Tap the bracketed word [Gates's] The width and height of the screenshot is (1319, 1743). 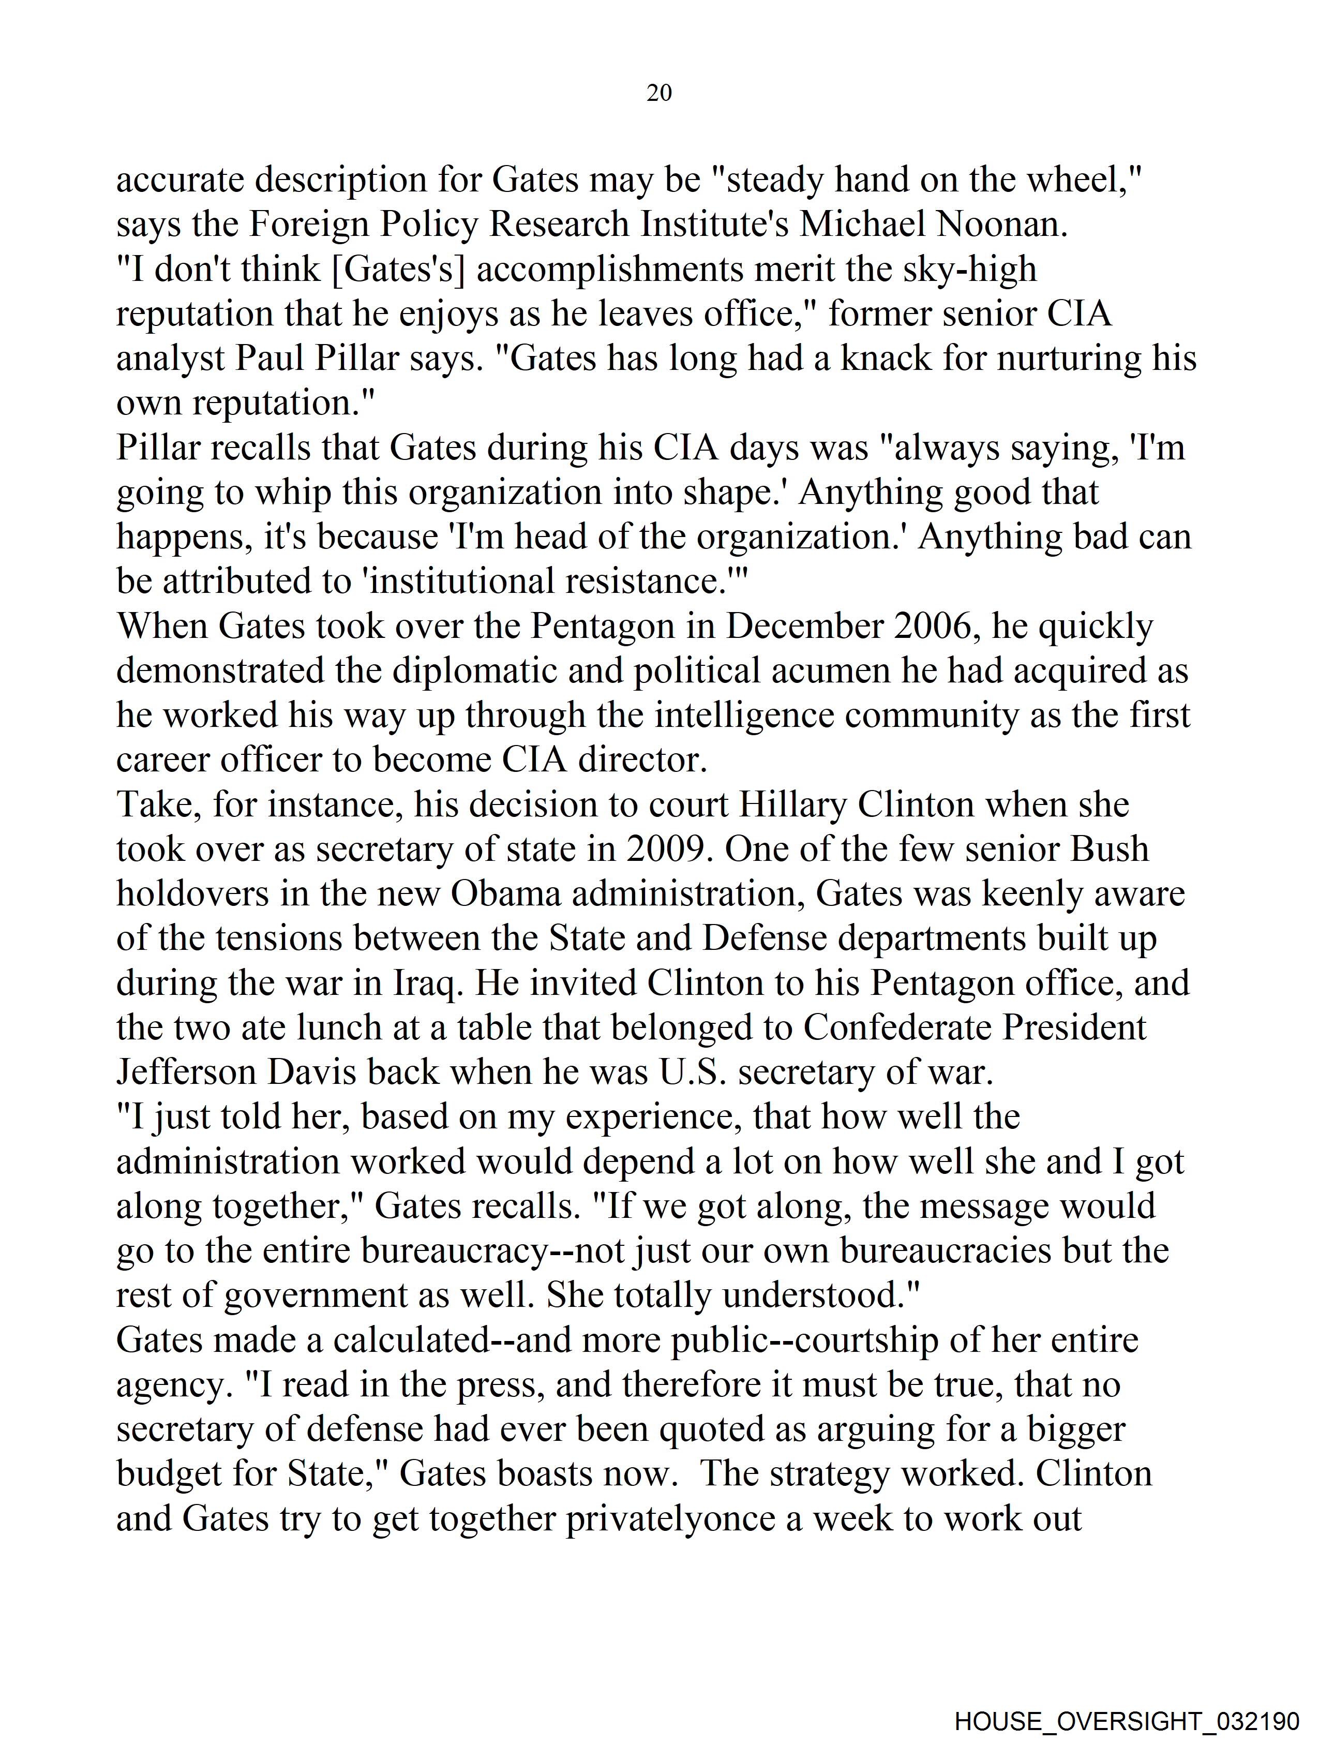pos(399,270)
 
